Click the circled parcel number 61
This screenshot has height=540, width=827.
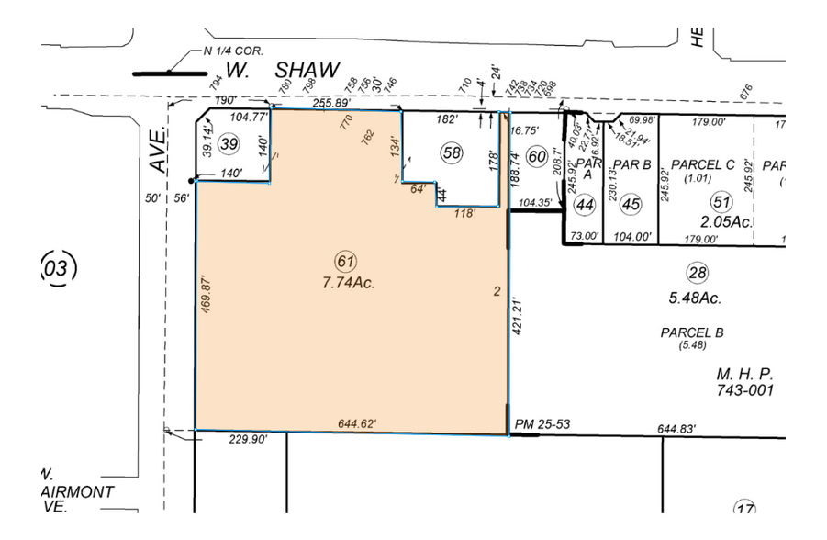point(345,260)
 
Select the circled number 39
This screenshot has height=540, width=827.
point(230,143)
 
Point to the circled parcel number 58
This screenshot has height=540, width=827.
point(450,152)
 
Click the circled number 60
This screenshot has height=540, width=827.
point(538,155)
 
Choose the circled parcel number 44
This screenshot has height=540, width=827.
point(584,205)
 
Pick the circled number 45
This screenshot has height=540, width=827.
point(630,205)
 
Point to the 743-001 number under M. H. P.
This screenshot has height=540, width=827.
point(744,390)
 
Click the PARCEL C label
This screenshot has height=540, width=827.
point(702,164)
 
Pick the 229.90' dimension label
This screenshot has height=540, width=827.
point(247,440)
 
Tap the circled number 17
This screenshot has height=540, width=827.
point(746,508)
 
